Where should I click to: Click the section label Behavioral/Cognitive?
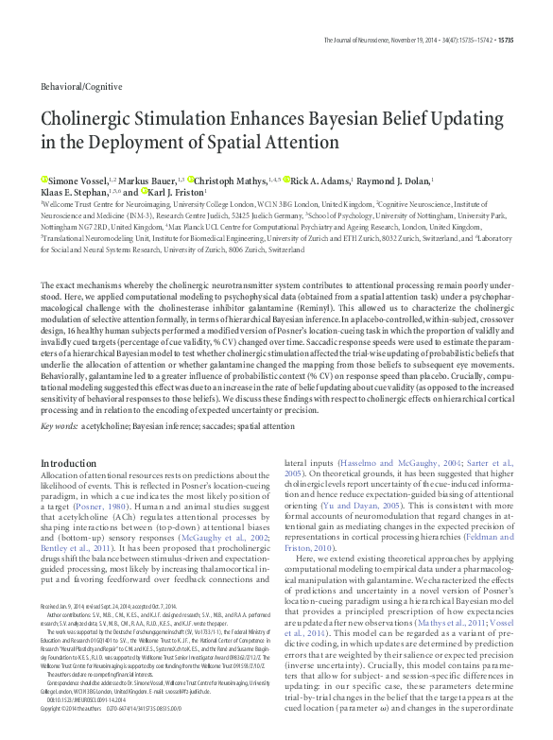click(80, 86)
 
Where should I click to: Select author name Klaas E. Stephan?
click(76, 192)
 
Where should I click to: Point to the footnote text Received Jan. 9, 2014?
click(72, 632)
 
